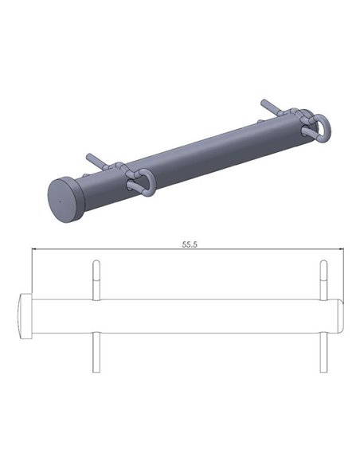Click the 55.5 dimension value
189,245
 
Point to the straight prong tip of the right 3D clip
264,103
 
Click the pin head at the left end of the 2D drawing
24,316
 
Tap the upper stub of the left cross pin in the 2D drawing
96,280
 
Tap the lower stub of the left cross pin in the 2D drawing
96,352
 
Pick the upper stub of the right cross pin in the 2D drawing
323,280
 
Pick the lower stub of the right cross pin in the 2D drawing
323,352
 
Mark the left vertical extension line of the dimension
30,271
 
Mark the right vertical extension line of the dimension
343,271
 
